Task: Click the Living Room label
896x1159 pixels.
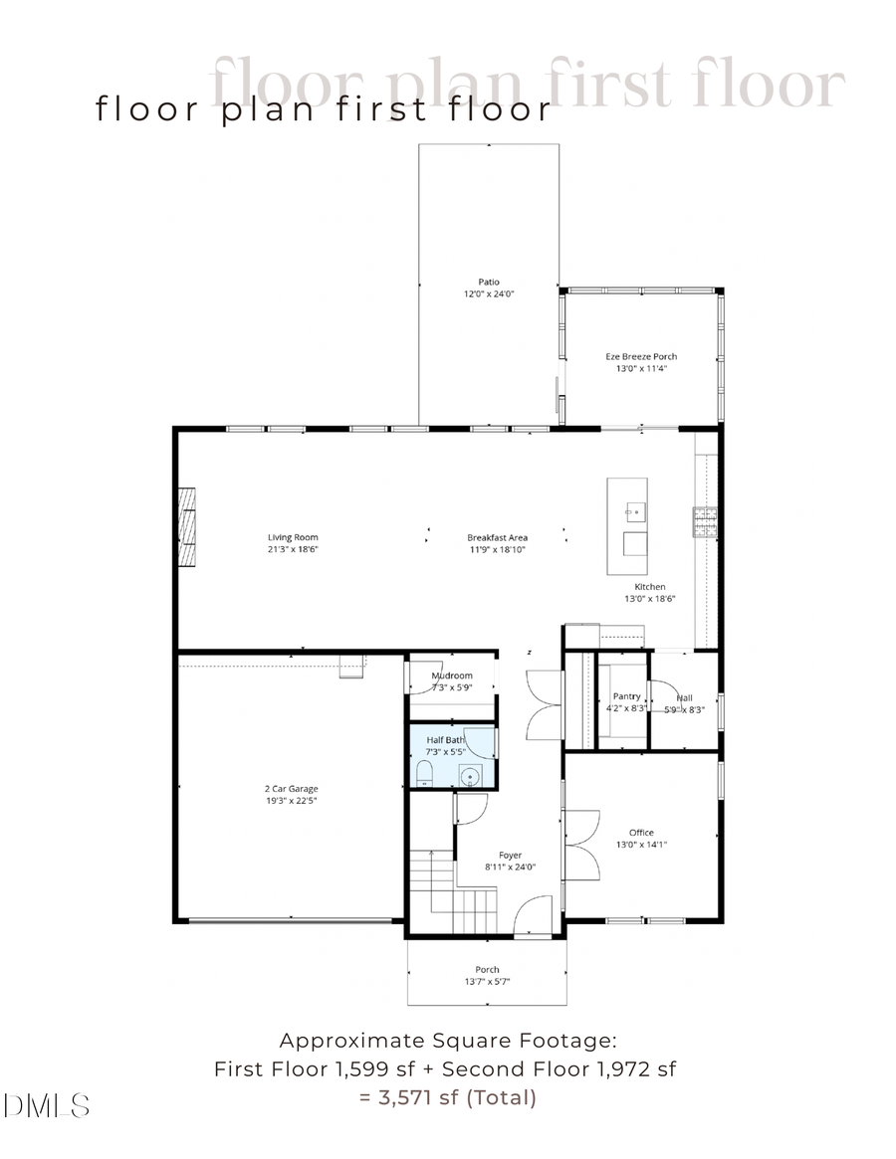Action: [x=293, y=537]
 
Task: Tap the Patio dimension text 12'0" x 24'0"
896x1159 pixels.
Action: [x=488, y=294]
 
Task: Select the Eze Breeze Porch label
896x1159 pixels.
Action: [x=641, y=356]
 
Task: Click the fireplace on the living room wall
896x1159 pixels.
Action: [x=187, y=527]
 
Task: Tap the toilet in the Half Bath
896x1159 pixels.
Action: [x=424, y=774]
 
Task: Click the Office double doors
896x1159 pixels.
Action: [x=583, y=844]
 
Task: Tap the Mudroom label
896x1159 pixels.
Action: [x=452, y=676]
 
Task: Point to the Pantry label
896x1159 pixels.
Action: [x=626, y=696]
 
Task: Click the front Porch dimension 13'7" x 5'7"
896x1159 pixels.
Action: [x=487, y=982]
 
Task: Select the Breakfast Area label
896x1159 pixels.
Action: [x=497, y=537]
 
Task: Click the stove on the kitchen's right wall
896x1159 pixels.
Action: [x=706, y=519]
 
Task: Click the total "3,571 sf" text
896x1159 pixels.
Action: [x=417, y=1097]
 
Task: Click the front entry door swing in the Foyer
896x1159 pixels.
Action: [x=533, y=915]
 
